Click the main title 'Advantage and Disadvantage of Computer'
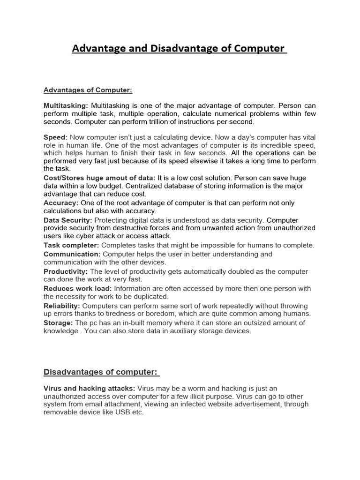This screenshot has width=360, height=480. [180, 49]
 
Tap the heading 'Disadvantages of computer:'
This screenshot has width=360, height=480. [101, 372]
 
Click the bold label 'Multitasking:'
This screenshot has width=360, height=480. [66, 106]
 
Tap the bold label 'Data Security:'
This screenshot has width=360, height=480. [68, 220]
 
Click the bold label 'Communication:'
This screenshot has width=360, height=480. [72, 254]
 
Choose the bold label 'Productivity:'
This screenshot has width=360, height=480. [66, 271]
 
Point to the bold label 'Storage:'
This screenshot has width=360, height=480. [58, 322]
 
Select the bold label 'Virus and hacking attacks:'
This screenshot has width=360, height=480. [89, 388]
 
